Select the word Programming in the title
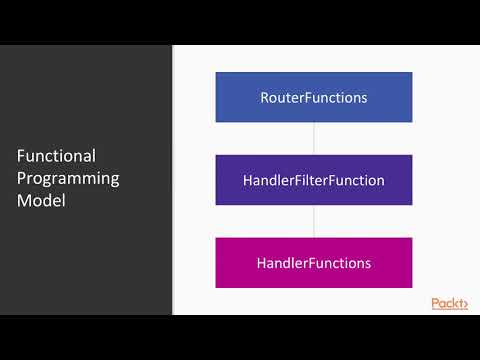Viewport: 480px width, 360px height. tap(68, 179)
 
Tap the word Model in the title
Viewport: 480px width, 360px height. tap(39, 201)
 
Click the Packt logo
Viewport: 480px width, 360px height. tap(449, 303)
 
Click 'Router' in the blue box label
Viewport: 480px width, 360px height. tap(280, 98)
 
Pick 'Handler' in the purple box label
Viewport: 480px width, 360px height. tap(267, 181)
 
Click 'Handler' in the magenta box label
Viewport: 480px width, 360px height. tap(281, 263)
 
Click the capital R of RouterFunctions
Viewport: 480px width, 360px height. tap(265, 98)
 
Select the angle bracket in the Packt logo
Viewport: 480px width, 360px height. tap(464, 304)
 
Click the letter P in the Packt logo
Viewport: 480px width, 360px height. tap(436, 303)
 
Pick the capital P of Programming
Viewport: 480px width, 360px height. tap(22, 179)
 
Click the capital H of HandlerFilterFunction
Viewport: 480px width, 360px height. tap(247, 181)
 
